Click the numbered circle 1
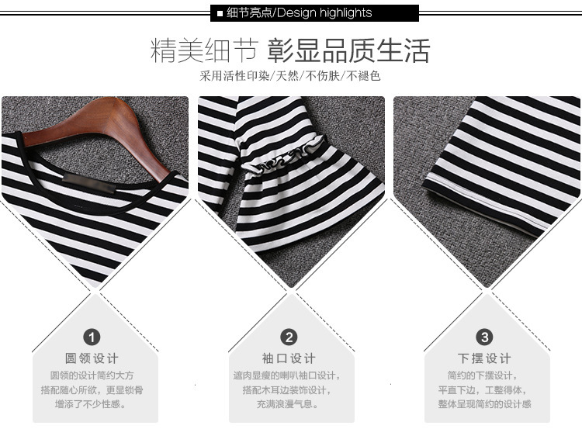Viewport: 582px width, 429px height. [x=92, y=337]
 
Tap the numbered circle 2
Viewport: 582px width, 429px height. [x=289, y=337]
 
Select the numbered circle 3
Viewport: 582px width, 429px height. [x=484, y=337]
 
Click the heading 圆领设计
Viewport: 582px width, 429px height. [x=92, y=358]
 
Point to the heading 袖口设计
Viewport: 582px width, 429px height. [x=289, y=358]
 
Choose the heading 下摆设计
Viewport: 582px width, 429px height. [x=484, y=358]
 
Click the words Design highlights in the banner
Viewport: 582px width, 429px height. [x=324, y=13]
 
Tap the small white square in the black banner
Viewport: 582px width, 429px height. [x=220, y=14]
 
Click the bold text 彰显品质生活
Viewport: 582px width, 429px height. [x=348, y=51]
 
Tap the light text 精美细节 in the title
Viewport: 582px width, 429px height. [x=204, y=51]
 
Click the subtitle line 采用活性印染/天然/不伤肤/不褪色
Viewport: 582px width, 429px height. [x=290, y=76]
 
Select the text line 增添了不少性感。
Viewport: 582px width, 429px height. [x=91, y=403]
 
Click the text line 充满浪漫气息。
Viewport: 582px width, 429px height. [x=288, y=403]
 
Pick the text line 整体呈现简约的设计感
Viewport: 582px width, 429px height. [x=484, y=403]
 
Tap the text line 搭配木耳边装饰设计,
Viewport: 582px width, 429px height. [x=286, y=390]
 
